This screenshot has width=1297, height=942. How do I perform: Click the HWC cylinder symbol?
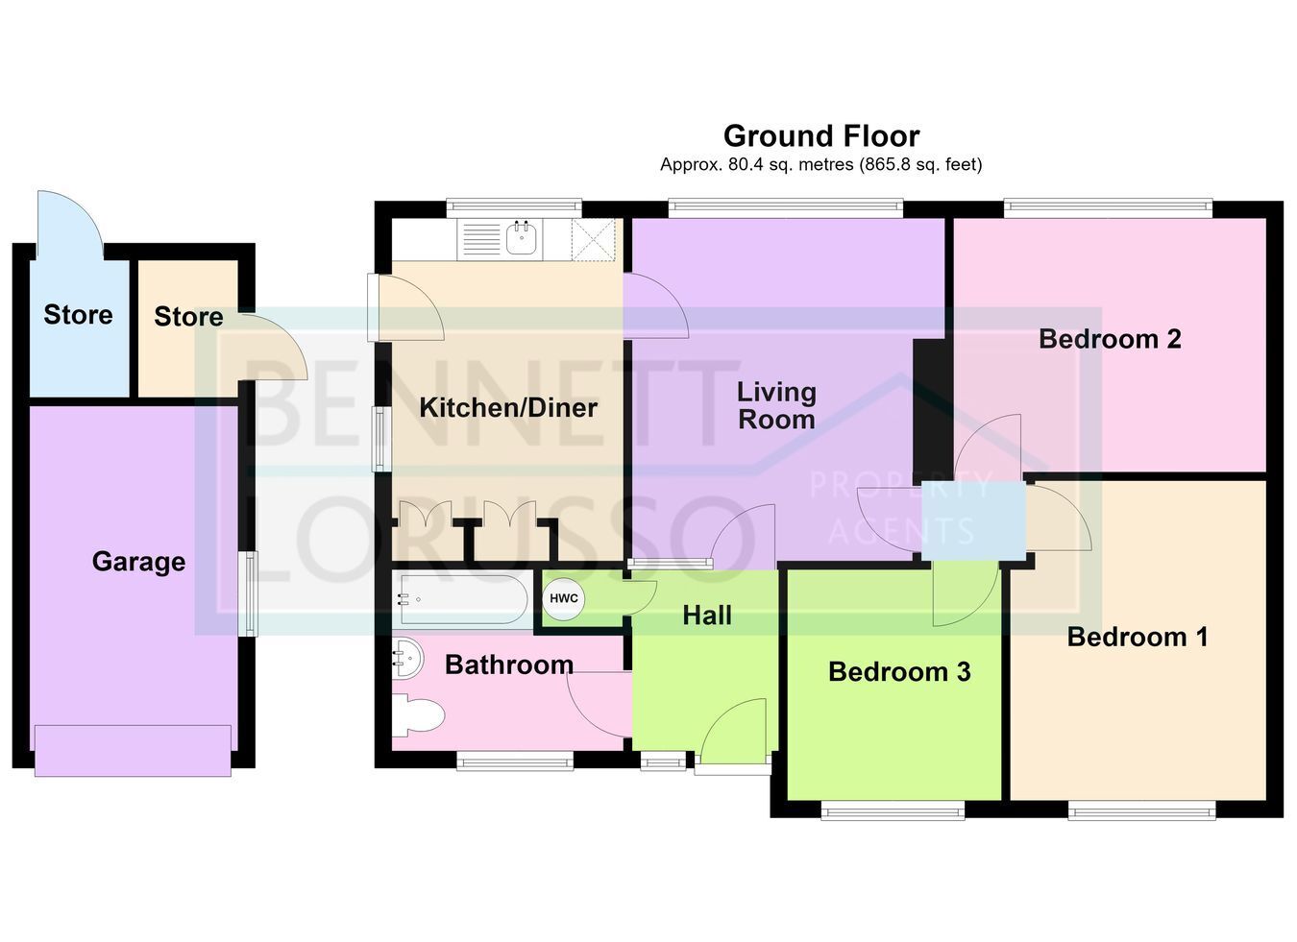[x=563, y=598]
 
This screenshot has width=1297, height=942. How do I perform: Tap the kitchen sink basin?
[x=521, y=238]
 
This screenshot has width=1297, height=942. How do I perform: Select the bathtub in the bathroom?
[x=463, y=599]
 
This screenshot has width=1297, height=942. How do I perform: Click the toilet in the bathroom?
[x=418, y=716]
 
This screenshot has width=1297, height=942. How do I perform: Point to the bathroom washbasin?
[x=408, y=658]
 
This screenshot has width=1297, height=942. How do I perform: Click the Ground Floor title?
[x=821, y=136]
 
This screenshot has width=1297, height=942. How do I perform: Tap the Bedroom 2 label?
[x=1110, y=339]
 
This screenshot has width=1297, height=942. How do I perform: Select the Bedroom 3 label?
[x=899, y=672]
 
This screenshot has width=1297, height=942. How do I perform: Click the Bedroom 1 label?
[x=1138, y=637]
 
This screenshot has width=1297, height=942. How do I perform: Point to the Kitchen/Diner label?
[x=508, y=408]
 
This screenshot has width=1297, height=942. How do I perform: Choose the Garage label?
[x=139, y=562]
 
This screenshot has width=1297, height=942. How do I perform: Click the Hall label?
[x=707, y=616]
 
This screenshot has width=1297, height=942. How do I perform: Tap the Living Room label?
[x=776, y=405]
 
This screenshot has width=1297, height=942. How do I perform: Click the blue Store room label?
[x=78, y=315]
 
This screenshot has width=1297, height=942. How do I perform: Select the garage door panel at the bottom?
[x=133, y=751]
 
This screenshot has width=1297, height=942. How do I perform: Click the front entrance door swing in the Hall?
[x=733, y=731]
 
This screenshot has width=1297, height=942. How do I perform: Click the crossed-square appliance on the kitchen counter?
[x=593, y=239]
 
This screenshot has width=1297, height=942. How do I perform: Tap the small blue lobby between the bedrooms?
[x=973, y=520]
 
